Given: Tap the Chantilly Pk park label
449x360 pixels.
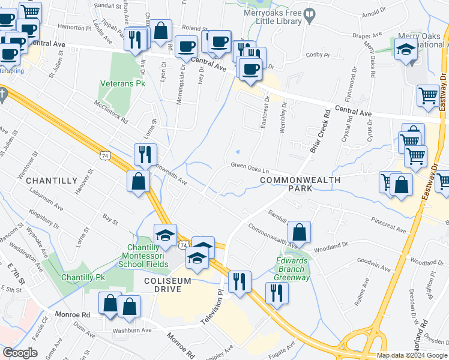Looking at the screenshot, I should coord(83,278).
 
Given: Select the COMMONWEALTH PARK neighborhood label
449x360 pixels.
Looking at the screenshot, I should coord(300,184).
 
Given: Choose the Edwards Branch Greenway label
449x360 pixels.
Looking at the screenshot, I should coord(292,269).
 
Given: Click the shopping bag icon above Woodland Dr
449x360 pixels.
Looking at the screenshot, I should coord(299,232).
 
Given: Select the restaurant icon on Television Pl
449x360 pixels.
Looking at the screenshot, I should coord(240,281).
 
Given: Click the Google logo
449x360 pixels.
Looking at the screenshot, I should coord(20,353).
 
